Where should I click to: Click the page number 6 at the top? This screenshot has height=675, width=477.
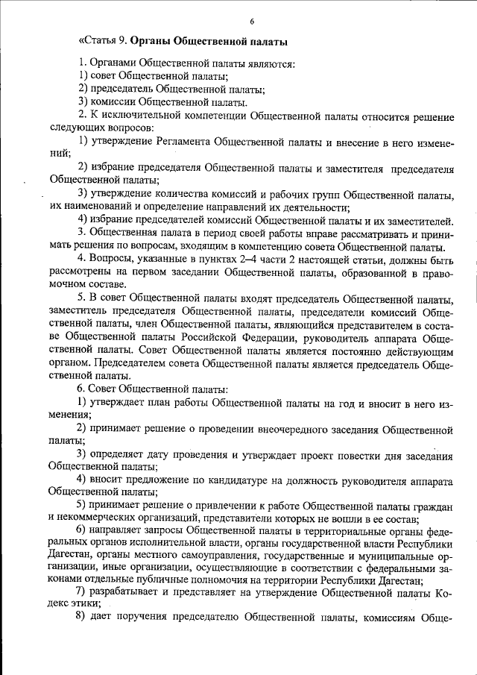(x=252, y=20)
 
